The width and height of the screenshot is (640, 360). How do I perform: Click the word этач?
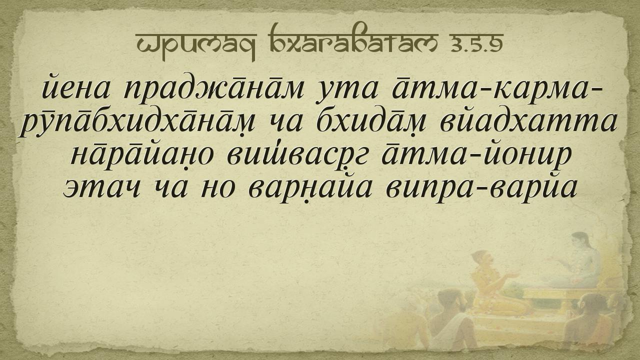[101, 188]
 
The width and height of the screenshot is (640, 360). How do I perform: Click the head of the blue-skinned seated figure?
[580, 242]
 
